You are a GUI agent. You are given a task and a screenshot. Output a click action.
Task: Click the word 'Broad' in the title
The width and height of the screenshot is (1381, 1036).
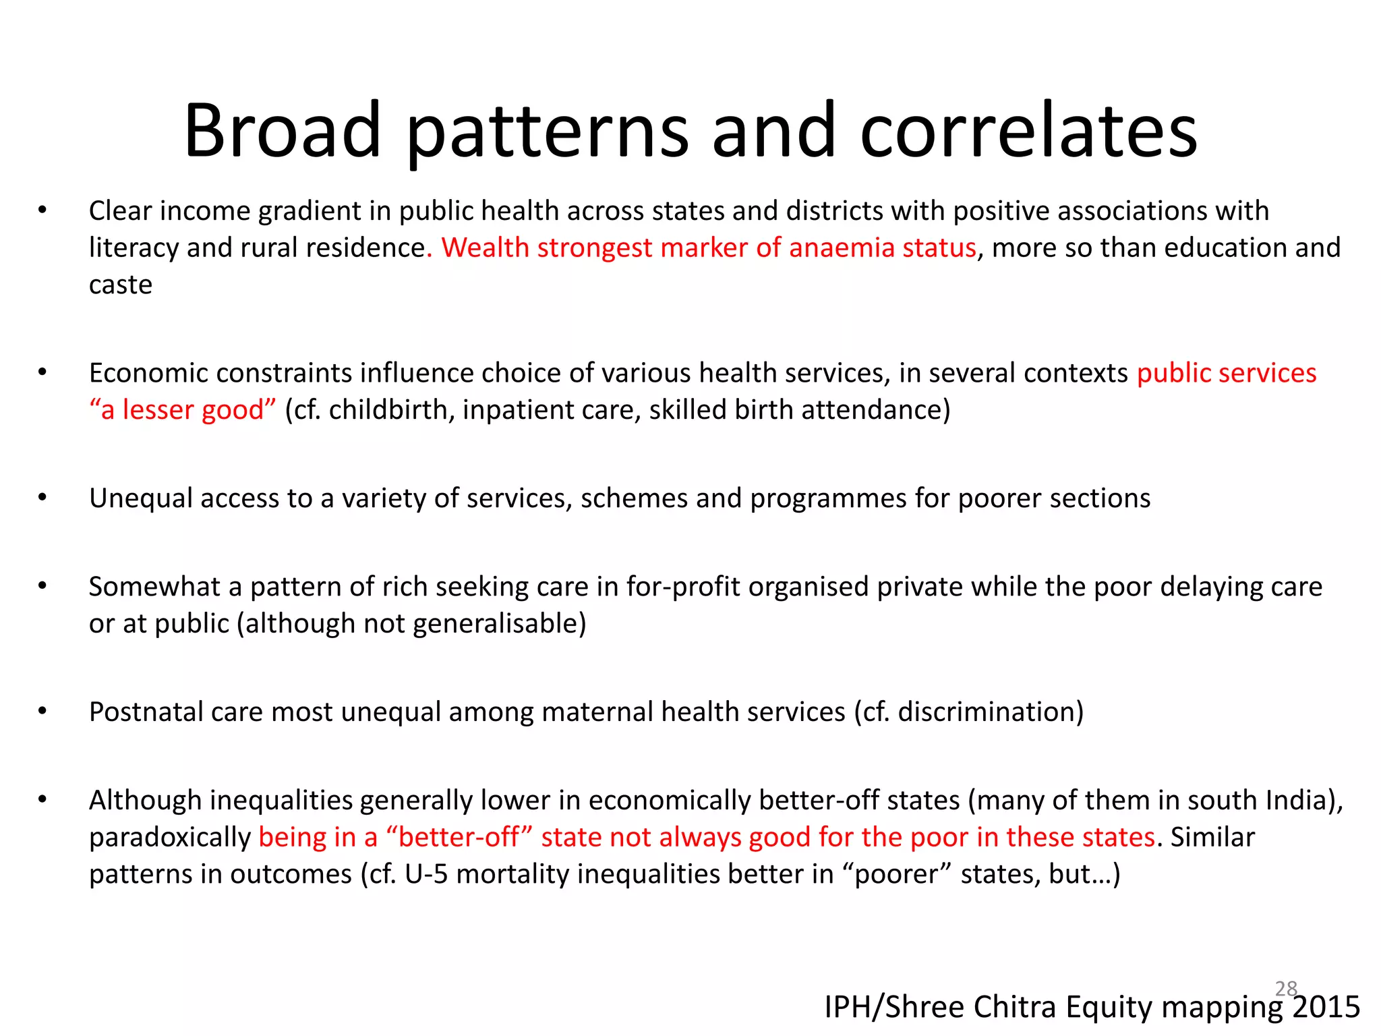pyautogui.click(x=283, y=131)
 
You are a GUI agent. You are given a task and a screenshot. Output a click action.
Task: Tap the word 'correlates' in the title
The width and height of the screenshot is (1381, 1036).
pyautogui.click(x=1028, y=131)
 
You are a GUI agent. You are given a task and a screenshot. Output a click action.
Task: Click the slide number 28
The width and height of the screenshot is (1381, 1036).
pyautogui.click(x=1286, y=988)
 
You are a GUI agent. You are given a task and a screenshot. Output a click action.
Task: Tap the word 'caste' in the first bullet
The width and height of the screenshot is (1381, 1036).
pyautogui.click(x=121, y=285)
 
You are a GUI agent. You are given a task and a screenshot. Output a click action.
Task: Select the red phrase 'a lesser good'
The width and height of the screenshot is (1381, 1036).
pyautogui.click(x=182, y=410)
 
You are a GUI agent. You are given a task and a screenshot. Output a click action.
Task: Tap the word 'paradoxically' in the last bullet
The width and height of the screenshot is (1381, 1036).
pyautogui.click(x=170, y=838)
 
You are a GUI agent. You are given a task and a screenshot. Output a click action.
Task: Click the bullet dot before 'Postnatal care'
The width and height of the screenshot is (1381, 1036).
pyautogui.click(x=42, y=711)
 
